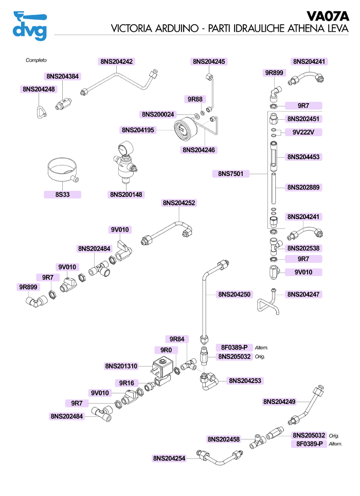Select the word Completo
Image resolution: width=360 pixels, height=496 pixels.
click(37, 60)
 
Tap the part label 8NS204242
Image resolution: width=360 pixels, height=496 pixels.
click(116, 62)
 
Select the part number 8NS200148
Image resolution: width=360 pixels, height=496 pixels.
click(127, 195)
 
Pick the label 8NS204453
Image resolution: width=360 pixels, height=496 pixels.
click(304, 157)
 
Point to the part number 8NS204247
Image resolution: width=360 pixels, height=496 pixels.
click(304, 295)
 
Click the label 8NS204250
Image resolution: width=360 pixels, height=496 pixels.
click(235, 295)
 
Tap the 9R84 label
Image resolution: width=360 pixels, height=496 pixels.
click(177, 339)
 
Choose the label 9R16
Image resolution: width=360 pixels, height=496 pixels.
click(127, 383)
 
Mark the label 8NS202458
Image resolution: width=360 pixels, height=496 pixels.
click(224, 439)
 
